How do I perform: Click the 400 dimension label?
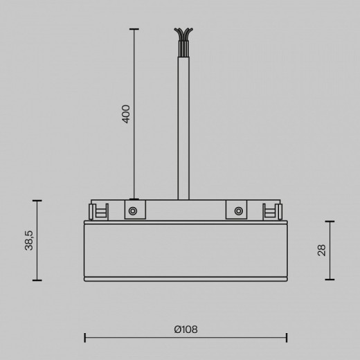(126, 114)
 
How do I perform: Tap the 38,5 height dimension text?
(30, 240)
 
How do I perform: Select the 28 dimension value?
(321, 250)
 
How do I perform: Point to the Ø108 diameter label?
(186, 330)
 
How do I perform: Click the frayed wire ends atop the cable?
(183, 35)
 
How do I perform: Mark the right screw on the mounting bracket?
(237, 210)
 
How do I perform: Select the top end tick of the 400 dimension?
(134, 29)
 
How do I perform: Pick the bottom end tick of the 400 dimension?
(134, 199)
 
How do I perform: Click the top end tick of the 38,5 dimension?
(37, 201)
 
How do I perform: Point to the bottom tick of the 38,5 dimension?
(37, 280)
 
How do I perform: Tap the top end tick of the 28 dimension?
(330, 222)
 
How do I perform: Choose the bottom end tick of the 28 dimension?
(330, 280)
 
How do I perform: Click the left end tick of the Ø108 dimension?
(84, 338)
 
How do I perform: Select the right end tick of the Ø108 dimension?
(287, 338)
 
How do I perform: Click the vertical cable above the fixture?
(183, 125)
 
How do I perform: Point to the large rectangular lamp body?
(186, 249)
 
